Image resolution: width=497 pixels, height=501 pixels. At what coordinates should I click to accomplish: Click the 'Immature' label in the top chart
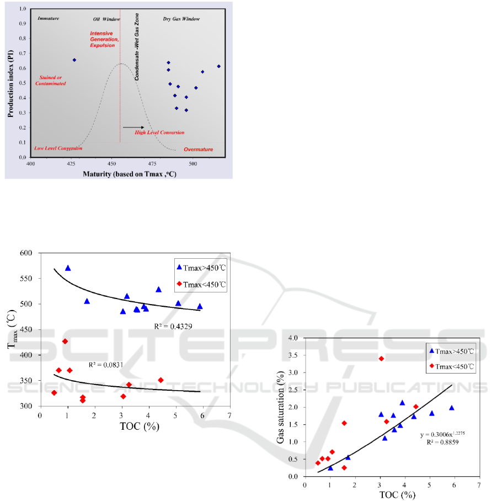pos(49,19)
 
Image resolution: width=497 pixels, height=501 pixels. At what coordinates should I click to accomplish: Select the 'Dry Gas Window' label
pos(181,19)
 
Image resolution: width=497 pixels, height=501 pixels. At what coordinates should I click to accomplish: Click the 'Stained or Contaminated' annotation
pos(50,81)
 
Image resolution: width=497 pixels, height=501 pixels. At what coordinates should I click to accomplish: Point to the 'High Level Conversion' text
pos(160,132)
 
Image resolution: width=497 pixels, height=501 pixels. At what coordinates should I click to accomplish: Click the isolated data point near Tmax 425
pos(74,60)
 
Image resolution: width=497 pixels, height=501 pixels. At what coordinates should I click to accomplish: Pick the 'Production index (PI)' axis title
pos(10,83)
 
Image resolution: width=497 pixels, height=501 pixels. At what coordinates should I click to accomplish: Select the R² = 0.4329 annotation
pos(173,327)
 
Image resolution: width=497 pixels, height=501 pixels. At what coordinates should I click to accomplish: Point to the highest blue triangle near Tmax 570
pos(68,268)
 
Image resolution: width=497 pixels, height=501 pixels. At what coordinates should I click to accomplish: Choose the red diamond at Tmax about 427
pos(65,342)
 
